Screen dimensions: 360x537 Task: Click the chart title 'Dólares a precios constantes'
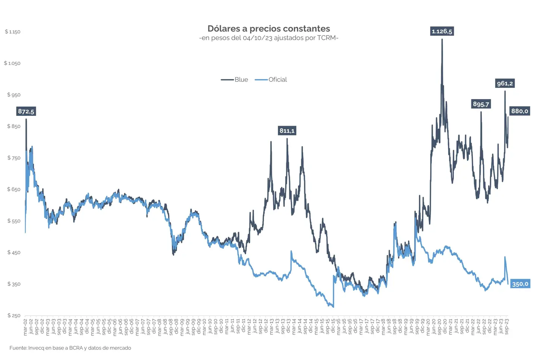(x=268, y=29)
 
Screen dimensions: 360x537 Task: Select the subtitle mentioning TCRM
(x=268, y=38)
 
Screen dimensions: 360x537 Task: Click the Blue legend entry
(x=235, y=79)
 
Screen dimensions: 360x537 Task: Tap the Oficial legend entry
(x=271, y=79)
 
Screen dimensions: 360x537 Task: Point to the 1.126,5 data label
(x=442, y=31)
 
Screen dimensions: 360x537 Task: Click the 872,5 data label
(x=26, y=111)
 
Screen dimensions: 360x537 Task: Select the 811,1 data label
(x=287, y=130)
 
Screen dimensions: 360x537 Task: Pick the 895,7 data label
(x=481, y=104)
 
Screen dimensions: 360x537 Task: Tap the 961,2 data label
(x=505, y=83)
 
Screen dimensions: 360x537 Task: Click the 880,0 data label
(x=519, y=111)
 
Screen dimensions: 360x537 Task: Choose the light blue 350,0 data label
(x=520, y=284)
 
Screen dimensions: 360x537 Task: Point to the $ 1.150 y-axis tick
(x=13, y=32)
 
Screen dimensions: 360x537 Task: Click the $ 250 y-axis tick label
(x=14, y=316)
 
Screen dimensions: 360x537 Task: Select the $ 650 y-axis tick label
(x=14, y=189)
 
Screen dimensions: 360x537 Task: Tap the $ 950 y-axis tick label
(x=14, y=95)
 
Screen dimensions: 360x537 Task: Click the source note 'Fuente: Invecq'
(x=70, y=348)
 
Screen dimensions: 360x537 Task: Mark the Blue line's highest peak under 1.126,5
(x=442, y=40)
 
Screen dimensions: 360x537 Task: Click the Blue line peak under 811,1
(x=287, y=139)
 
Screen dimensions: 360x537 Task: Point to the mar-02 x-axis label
(x=25, y=327)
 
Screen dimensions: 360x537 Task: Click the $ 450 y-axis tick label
(x=14, y=253)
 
